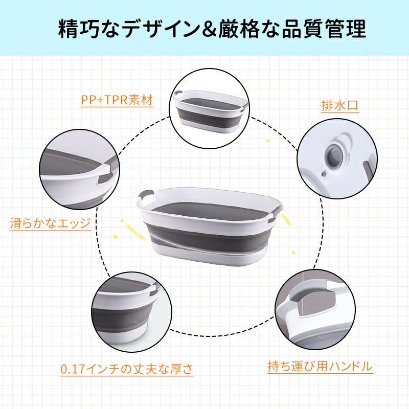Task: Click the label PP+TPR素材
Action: [117, 100]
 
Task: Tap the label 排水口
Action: [340, 106]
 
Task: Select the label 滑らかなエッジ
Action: [50, 223]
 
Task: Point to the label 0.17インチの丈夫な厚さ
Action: [127, 369]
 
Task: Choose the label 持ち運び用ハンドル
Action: [321, 366]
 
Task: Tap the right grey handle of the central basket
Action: [276, 214]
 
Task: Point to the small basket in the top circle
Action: [209, 111]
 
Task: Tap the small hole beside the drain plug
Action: [324, 174]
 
